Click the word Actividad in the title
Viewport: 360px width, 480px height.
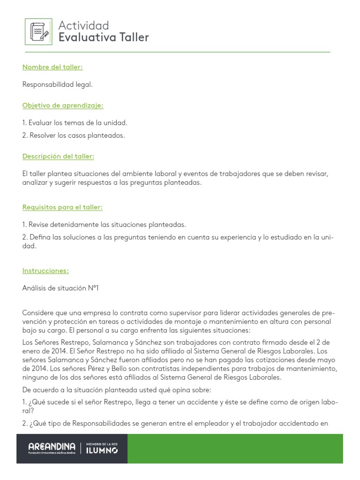(x=83, y=25)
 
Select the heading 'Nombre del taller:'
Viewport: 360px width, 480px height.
(x=52, y=67)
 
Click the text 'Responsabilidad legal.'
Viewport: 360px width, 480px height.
(x=58, y=84)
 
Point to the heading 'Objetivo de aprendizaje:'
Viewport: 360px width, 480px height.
(x=63, y=105)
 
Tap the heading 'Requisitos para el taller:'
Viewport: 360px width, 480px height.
(x=62, y=207)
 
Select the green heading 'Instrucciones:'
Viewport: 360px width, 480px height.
(x=45, y=270)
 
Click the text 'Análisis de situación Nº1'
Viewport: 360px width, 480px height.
(x=60, y=288)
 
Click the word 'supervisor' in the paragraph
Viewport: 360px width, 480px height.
(x=167, y=313)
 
